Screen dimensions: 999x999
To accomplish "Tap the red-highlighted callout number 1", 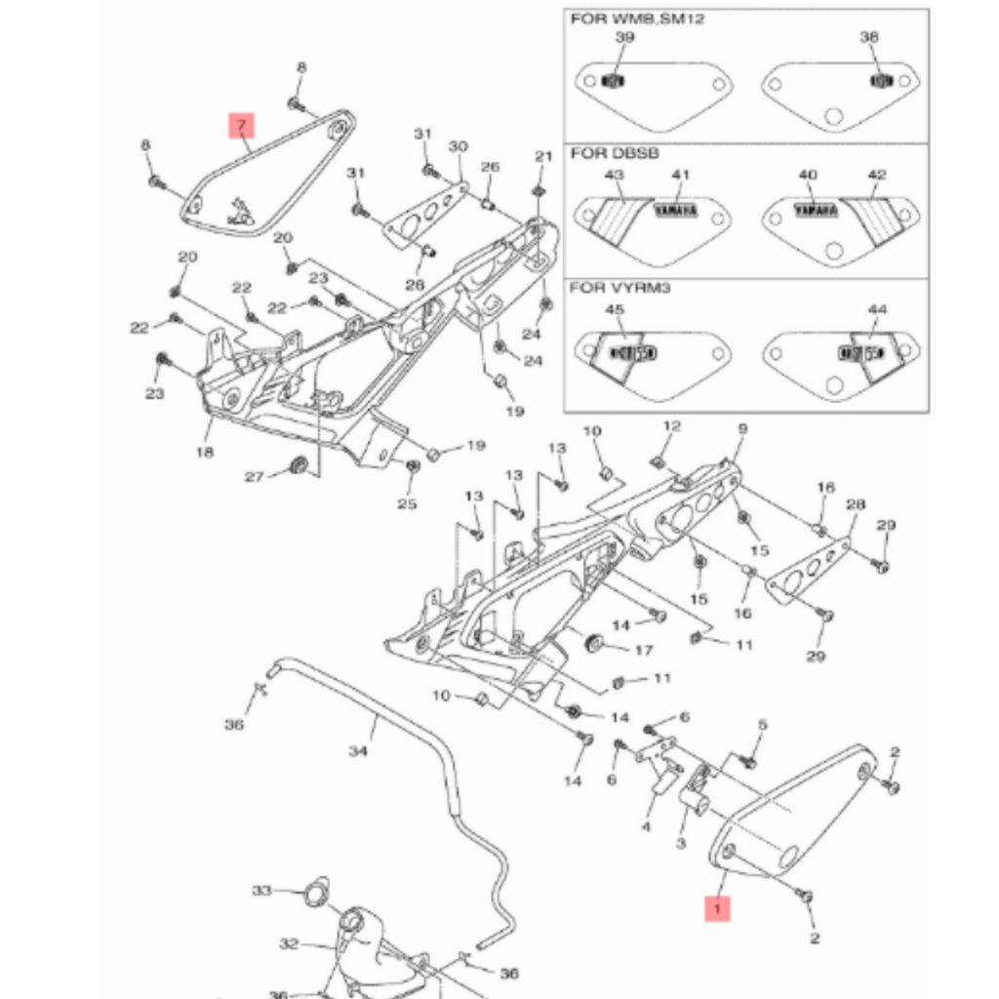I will pos(717,908).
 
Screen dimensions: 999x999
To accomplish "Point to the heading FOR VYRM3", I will pos(620,289).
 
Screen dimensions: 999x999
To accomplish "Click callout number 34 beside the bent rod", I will pos(358,751).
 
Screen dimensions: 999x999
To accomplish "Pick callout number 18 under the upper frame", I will pos(204,453).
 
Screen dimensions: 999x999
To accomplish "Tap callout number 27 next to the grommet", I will pos(254,476).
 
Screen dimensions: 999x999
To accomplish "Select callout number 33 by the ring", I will pos(261,891).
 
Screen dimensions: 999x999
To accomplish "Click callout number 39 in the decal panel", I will pos(624,37).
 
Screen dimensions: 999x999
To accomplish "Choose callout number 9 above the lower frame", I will pos(741,428).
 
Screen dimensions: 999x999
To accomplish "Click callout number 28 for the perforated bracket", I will pos(856,504).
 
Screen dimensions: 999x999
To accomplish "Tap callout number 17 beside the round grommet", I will pos(643,650).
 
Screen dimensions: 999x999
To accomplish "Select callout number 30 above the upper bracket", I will pos(458,146).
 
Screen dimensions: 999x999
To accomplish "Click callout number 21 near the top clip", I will pos(543,157).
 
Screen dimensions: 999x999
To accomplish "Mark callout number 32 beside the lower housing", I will pos(288,943).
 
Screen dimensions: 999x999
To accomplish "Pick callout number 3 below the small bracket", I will pos(681,843).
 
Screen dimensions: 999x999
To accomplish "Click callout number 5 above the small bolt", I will pos(763,725).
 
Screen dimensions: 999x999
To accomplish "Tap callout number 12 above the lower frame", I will pos(671,426).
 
